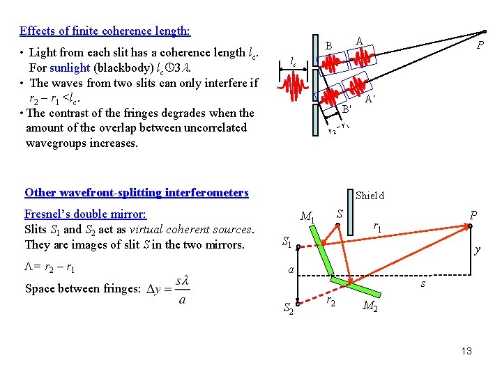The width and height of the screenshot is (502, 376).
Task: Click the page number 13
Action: (466, 351)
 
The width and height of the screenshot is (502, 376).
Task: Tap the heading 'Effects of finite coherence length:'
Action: (105, 31)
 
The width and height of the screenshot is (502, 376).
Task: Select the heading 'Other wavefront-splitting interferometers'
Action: (136, 192)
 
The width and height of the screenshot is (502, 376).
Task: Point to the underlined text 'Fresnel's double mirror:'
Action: (85, 214)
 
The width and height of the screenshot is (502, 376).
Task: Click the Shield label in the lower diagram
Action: (370, 196)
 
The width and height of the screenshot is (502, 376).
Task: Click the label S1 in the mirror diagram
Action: (287, 242)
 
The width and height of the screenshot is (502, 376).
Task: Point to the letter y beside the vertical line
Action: (477, 249)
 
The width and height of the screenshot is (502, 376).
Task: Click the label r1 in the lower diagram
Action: (376, 226)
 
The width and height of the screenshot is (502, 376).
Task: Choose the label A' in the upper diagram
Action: (370, 100)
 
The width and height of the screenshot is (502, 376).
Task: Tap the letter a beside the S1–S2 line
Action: (291, 269)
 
